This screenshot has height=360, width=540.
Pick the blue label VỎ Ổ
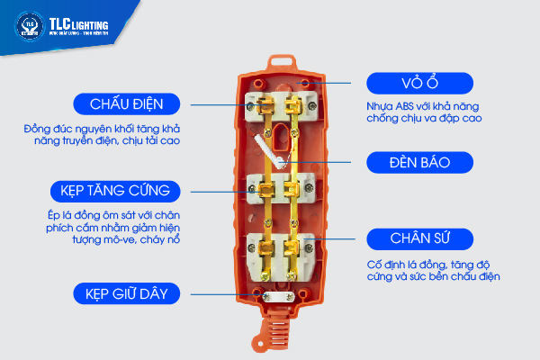(x=419, y=83)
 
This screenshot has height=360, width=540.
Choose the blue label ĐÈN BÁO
(x=419, y=163)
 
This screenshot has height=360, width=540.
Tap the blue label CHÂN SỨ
(x=419, y=239)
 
